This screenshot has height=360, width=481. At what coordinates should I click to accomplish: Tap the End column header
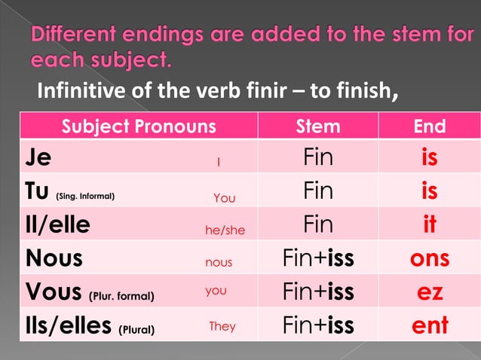(430, 126)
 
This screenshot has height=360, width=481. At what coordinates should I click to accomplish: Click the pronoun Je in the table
(38, 159)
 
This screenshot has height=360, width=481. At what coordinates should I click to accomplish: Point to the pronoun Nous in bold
(54, 258)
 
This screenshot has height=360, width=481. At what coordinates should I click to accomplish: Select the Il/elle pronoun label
(57, 225)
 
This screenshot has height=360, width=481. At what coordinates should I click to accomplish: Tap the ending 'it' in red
(430, 225)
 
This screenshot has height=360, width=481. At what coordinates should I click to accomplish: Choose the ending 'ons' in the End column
(430, 258)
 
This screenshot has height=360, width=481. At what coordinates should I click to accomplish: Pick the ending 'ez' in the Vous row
(430, 291)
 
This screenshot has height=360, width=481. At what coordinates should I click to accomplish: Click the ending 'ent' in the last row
(430, 325)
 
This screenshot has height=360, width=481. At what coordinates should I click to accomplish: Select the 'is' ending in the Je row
(430, 159)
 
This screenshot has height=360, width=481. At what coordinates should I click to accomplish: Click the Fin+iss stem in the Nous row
(318, 258)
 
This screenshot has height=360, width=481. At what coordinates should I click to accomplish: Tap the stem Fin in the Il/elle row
(318, 225)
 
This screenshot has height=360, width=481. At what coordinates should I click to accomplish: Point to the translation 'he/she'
(225, 230)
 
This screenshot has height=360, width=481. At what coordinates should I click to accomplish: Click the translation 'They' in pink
(222, 326)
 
